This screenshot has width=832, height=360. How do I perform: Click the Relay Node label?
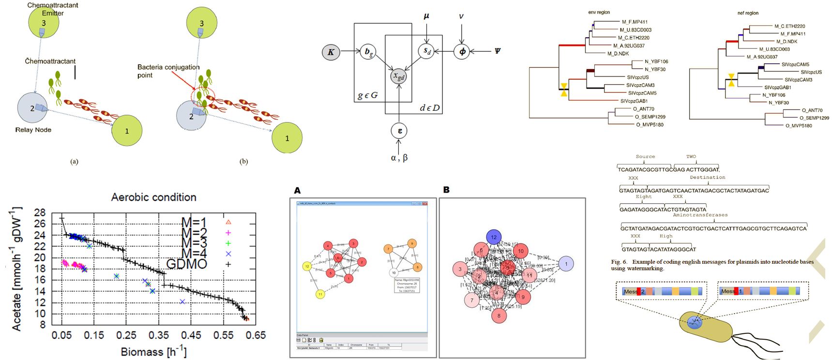tap(33, 130)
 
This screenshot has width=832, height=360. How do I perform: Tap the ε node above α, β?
tap(399, 131)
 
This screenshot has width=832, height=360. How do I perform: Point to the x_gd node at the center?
tap(399, 76)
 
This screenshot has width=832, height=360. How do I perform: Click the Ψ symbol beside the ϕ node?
tap(497, 51)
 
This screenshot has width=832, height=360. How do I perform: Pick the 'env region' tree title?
tap(599, 12)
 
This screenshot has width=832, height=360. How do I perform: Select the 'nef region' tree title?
tap(748, 13)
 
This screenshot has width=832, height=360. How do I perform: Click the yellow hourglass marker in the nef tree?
tap(731, 80)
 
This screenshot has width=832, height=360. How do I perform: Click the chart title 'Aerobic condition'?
tap(153, 197)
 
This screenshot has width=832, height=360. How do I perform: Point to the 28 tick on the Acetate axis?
tap(40, 213)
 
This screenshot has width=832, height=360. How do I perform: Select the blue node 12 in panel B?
tap(494, 237)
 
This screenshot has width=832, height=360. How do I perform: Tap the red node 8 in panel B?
tap(499, 316)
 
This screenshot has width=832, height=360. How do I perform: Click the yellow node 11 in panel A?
tap(320, 294)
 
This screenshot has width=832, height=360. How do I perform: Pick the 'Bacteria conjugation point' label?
tap(168, 71)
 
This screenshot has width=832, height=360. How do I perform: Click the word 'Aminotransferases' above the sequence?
tap(700, 214)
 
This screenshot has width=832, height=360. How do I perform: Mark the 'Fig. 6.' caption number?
tap(619, 262)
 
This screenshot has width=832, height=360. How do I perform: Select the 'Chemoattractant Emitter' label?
tap(53, 9)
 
